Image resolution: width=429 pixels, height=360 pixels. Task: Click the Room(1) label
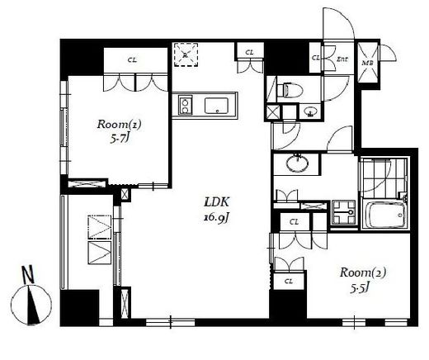(x=119, y=125)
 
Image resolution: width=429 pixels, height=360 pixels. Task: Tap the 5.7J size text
(x=120, y=139)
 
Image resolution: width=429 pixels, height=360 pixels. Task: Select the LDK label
(x=216, y=202)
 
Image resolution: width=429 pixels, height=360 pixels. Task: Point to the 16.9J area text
(x=216, y=218)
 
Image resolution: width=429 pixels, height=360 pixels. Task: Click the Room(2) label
(x=363, y=272)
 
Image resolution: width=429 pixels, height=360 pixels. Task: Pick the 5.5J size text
(x=359, y=288)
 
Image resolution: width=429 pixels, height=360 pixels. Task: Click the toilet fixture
(x=290, y=89)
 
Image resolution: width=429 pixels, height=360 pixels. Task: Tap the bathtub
(x=384, y=215)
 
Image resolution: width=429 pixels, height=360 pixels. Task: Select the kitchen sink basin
(x=216, y=106)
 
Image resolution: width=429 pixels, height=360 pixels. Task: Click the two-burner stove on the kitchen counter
(x=185, y=106)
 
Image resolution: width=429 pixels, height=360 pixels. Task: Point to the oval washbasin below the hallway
(x=297, y=164)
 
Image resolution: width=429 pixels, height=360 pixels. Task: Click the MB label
(x=367, y=63)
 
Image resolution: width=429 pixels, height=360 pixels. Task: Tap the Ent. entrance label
(x=342, y=59)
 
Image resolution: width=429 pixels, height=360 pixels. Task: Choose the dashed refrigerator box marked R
(x=186, y=54)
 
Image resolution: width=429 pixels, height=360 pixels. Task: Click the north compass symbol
(x=31, y=305)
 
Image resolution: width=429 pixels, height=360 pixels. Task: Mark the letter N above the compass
(x=28, y=274)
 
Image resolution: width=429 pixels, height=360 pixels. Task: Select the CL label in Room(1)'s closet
(x=132, y=59)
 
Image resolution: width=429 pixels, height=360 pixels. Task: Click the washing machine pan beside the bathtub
(x=344, y=212)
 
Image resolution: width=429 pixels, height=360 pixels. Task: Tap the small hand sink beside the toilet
(x=311, y=111)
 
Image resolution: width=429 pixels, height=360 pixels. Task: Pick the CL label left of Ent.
(x=316, y=58)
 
